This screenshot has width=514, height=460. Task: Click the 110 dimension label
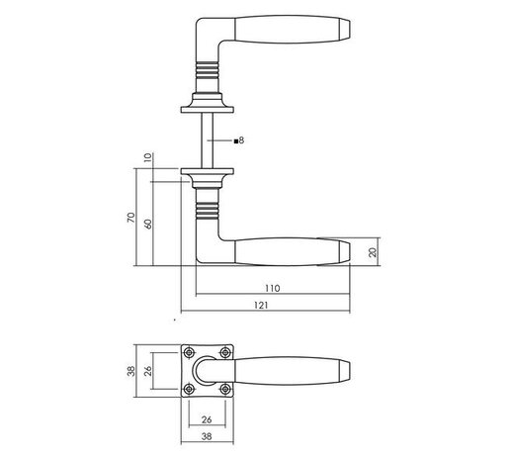click(273, 288)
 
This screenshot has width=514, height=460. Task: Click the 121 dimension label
click(261, 306)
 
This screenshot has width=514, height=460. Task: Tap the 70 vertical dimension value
click(131, 218)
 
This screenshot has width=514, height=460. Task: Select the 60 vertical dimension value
click(148, 224)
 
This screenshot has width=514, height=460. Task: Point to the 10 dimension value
click(148, 157)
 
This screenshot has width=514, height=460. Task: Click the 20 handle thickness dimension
click(373, 252)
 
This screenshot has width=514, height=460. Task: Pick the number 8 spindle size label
click(241, 140)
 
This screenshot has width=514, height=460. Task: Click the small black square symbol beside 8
click(236, 141)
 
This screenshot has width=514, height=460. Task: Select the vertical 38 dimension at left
click(131, 371)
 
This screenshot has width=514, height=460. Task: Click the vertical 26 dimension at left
click(148, 371)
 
